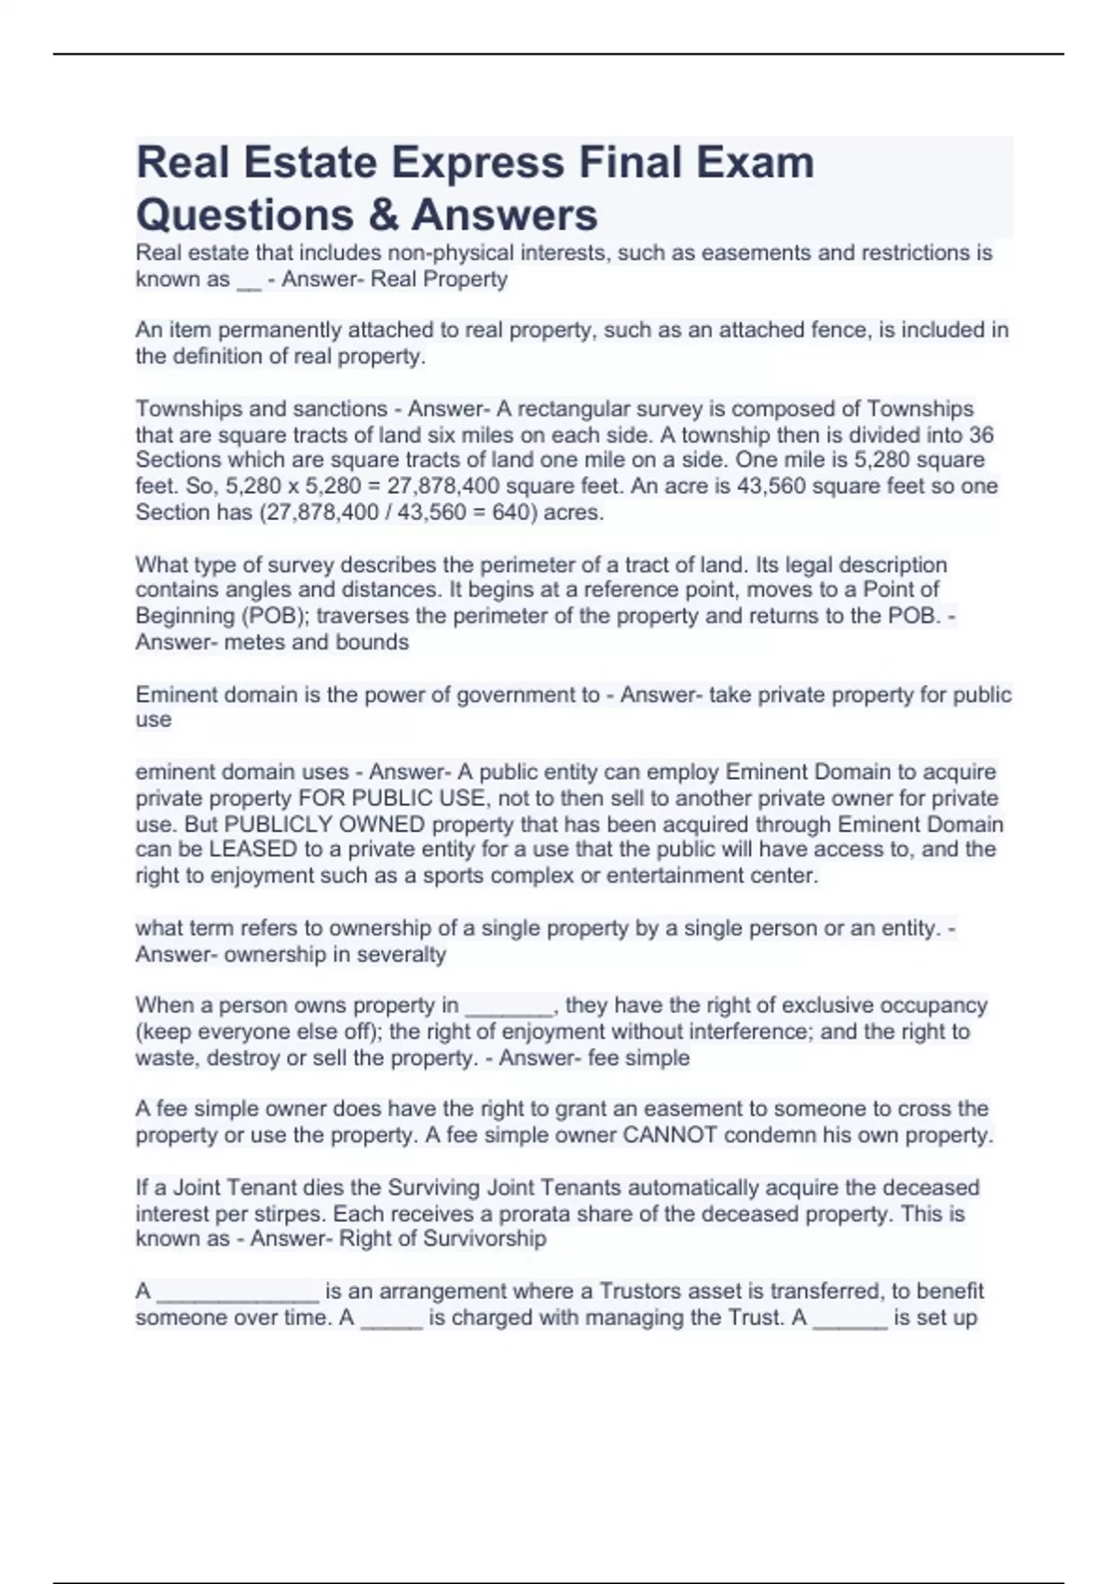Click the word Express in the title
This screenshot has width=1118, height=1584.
[x=476, y=163]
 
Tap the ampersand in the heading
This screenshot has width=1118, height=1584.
[x=384, y=215]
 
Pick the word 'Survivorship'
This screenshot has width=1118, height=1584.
[x=484, y=1239]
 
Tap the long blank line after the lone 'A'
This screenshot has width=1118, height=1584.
[x=239, y=1292]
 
